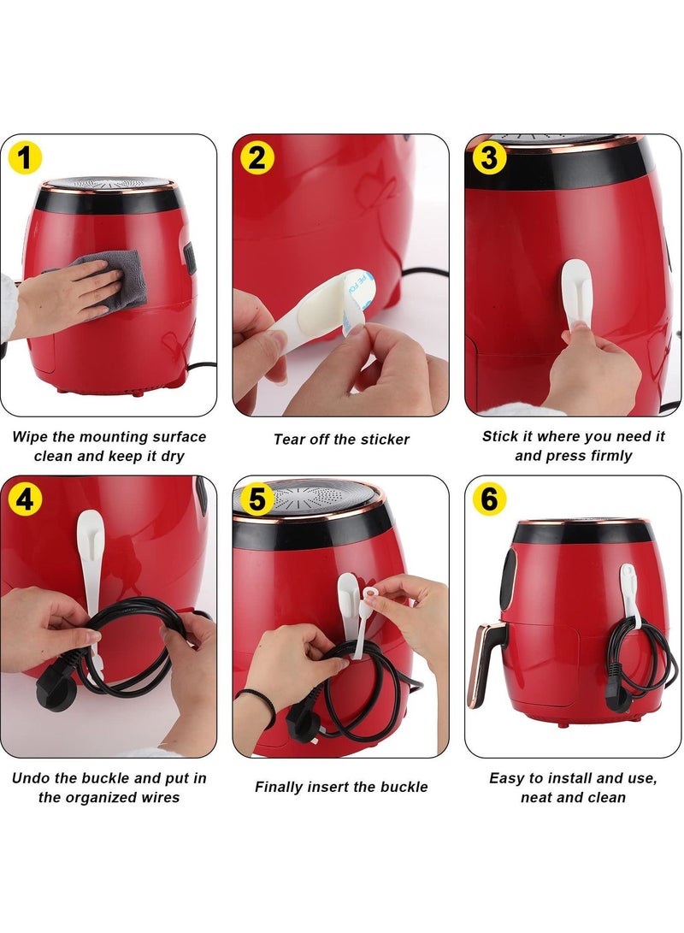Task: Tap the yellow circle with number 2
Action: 258,158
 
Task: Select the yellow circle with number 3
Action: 489,158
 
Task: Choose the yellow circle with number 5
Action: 258,499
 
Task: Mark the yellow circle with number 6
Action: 489,499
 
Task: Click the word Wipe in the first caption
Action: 31,436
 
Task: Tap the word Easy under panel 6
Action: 506,778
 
